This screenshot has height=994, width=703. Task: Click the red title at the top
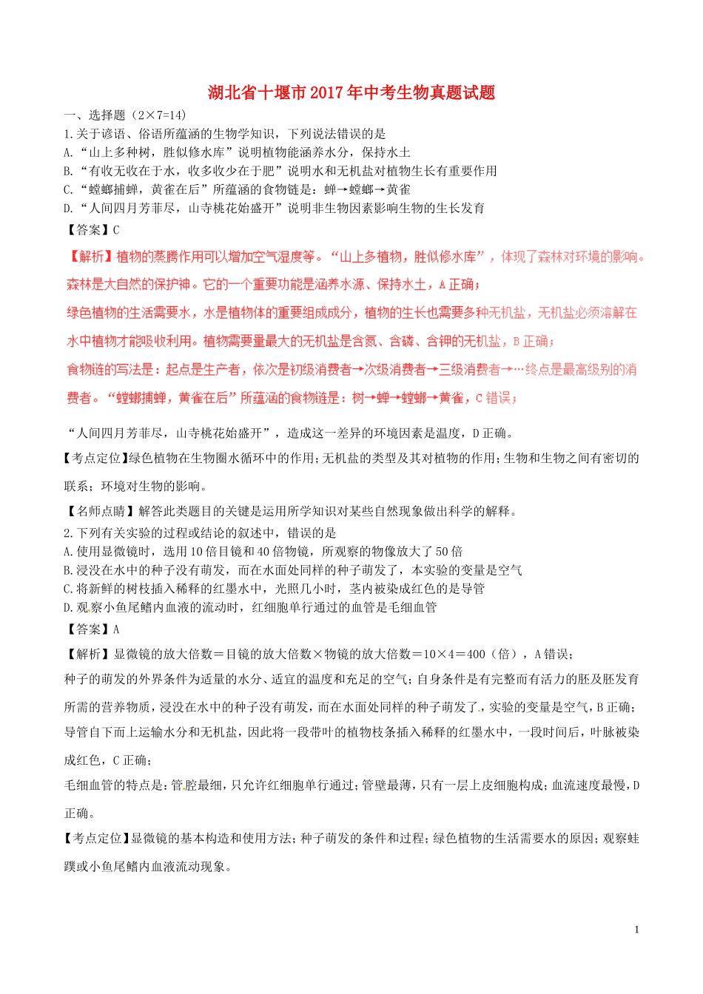click(351, 92)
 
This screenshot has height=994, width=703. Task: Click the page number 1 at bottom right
click(636, 930)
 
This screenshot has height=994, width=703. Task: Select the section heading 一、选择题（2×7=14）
click(125, 115)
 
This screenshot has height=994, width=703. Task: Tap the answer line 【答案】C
click(92, 230)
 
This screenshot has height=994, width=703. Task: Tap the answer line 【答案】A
click(92, 629)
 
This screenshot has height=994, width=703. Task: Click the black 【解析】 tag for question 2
click(88, 654)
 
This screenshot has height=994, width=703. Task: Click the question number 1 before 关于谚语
click(67, 134)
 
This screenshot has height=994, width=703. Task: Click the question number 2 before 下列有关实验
click(67, 532)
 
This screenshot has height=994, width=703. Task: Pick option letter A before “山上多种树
click(68, 152)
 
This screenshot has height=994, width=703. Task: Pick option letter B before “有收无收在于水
click(68, 171)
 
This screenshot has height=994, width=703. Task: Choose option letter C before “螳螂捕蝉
click(68, 189)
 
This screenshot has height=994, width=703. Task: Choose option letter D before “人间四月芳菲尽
click(68, 208)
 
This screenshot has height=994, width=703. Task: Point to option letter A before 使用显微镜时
click(68, 551)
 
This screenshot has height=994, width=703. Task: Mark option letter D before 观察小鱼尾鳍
click(68, 607)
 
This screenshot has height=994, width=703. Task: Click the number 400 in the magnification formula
click(477, 654)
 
